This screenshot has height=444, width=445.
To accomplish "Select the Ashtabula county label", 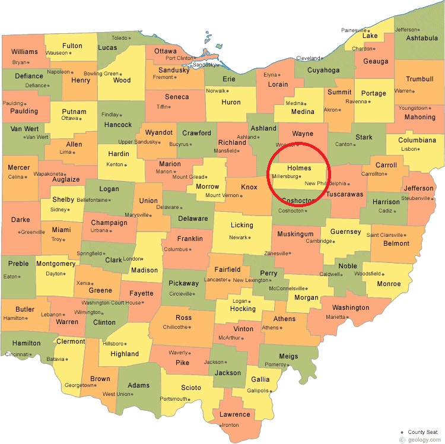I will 422,39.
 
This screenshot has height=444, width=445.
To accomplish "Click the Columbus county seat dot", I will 190,249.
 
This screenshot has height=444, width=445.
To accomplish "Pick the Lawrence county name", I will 235,414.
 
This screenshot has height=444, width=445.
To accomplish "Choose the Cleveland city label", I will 308,58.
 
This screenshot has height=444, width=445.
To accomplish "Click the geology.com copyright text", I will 422,440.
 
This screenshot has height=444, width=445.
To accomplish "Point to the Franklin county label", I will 190,239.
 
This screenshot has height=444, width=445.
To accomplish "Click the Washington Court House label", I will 116,303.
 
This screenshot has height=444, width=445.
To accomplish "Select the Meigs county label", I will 288,356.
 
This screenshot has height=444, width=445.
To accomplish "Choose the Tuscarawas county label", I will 344,194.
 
